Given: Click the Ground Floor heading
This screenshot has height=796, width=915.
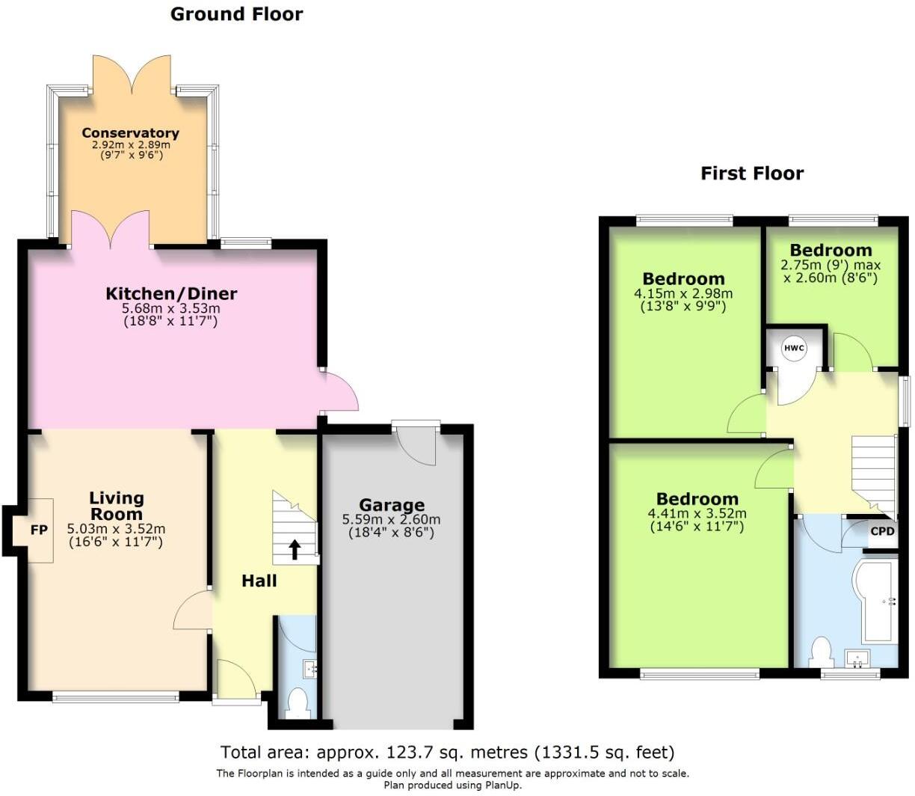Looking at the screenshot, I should pos(236,14).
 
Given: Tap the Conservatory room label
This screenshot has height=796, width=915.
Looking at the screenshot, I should pos(130,133).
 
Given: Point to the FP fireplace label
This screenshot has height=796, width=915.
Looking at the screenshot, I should pos(39,530).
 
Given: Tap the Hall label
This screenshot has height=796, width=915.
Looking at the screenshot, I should pos(259,581).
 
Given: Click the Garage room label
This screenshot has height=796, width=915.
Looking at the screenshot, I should pos(391,506).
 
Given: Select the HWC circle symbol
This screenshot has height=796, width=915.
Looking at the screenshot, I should pos(793,348).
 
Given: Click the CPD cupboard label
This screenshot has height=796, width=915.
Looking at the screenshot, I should pos(882,532).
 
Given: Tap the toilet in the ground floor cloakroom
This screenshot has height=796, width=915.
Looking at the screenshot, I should pos(298,702).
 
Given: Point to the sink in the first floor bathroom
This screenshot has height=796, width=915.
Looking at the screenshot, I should pos(857,658).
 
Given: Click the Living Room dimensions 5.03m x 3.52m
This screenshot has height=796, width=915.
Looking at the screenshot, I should pos(116,528).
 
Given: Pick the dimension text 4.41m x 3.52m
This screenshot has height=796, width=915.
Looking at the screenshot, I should pos(697,513).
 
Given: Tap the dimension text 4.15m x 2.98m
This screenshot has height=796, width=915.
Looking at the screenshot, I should pos(683,294).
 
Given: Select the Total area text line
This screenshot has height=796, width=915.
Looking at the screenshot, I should pos(447,752).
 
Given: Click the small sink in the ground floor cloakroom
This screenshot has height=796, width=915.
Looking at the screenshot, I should pos(309,668).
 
